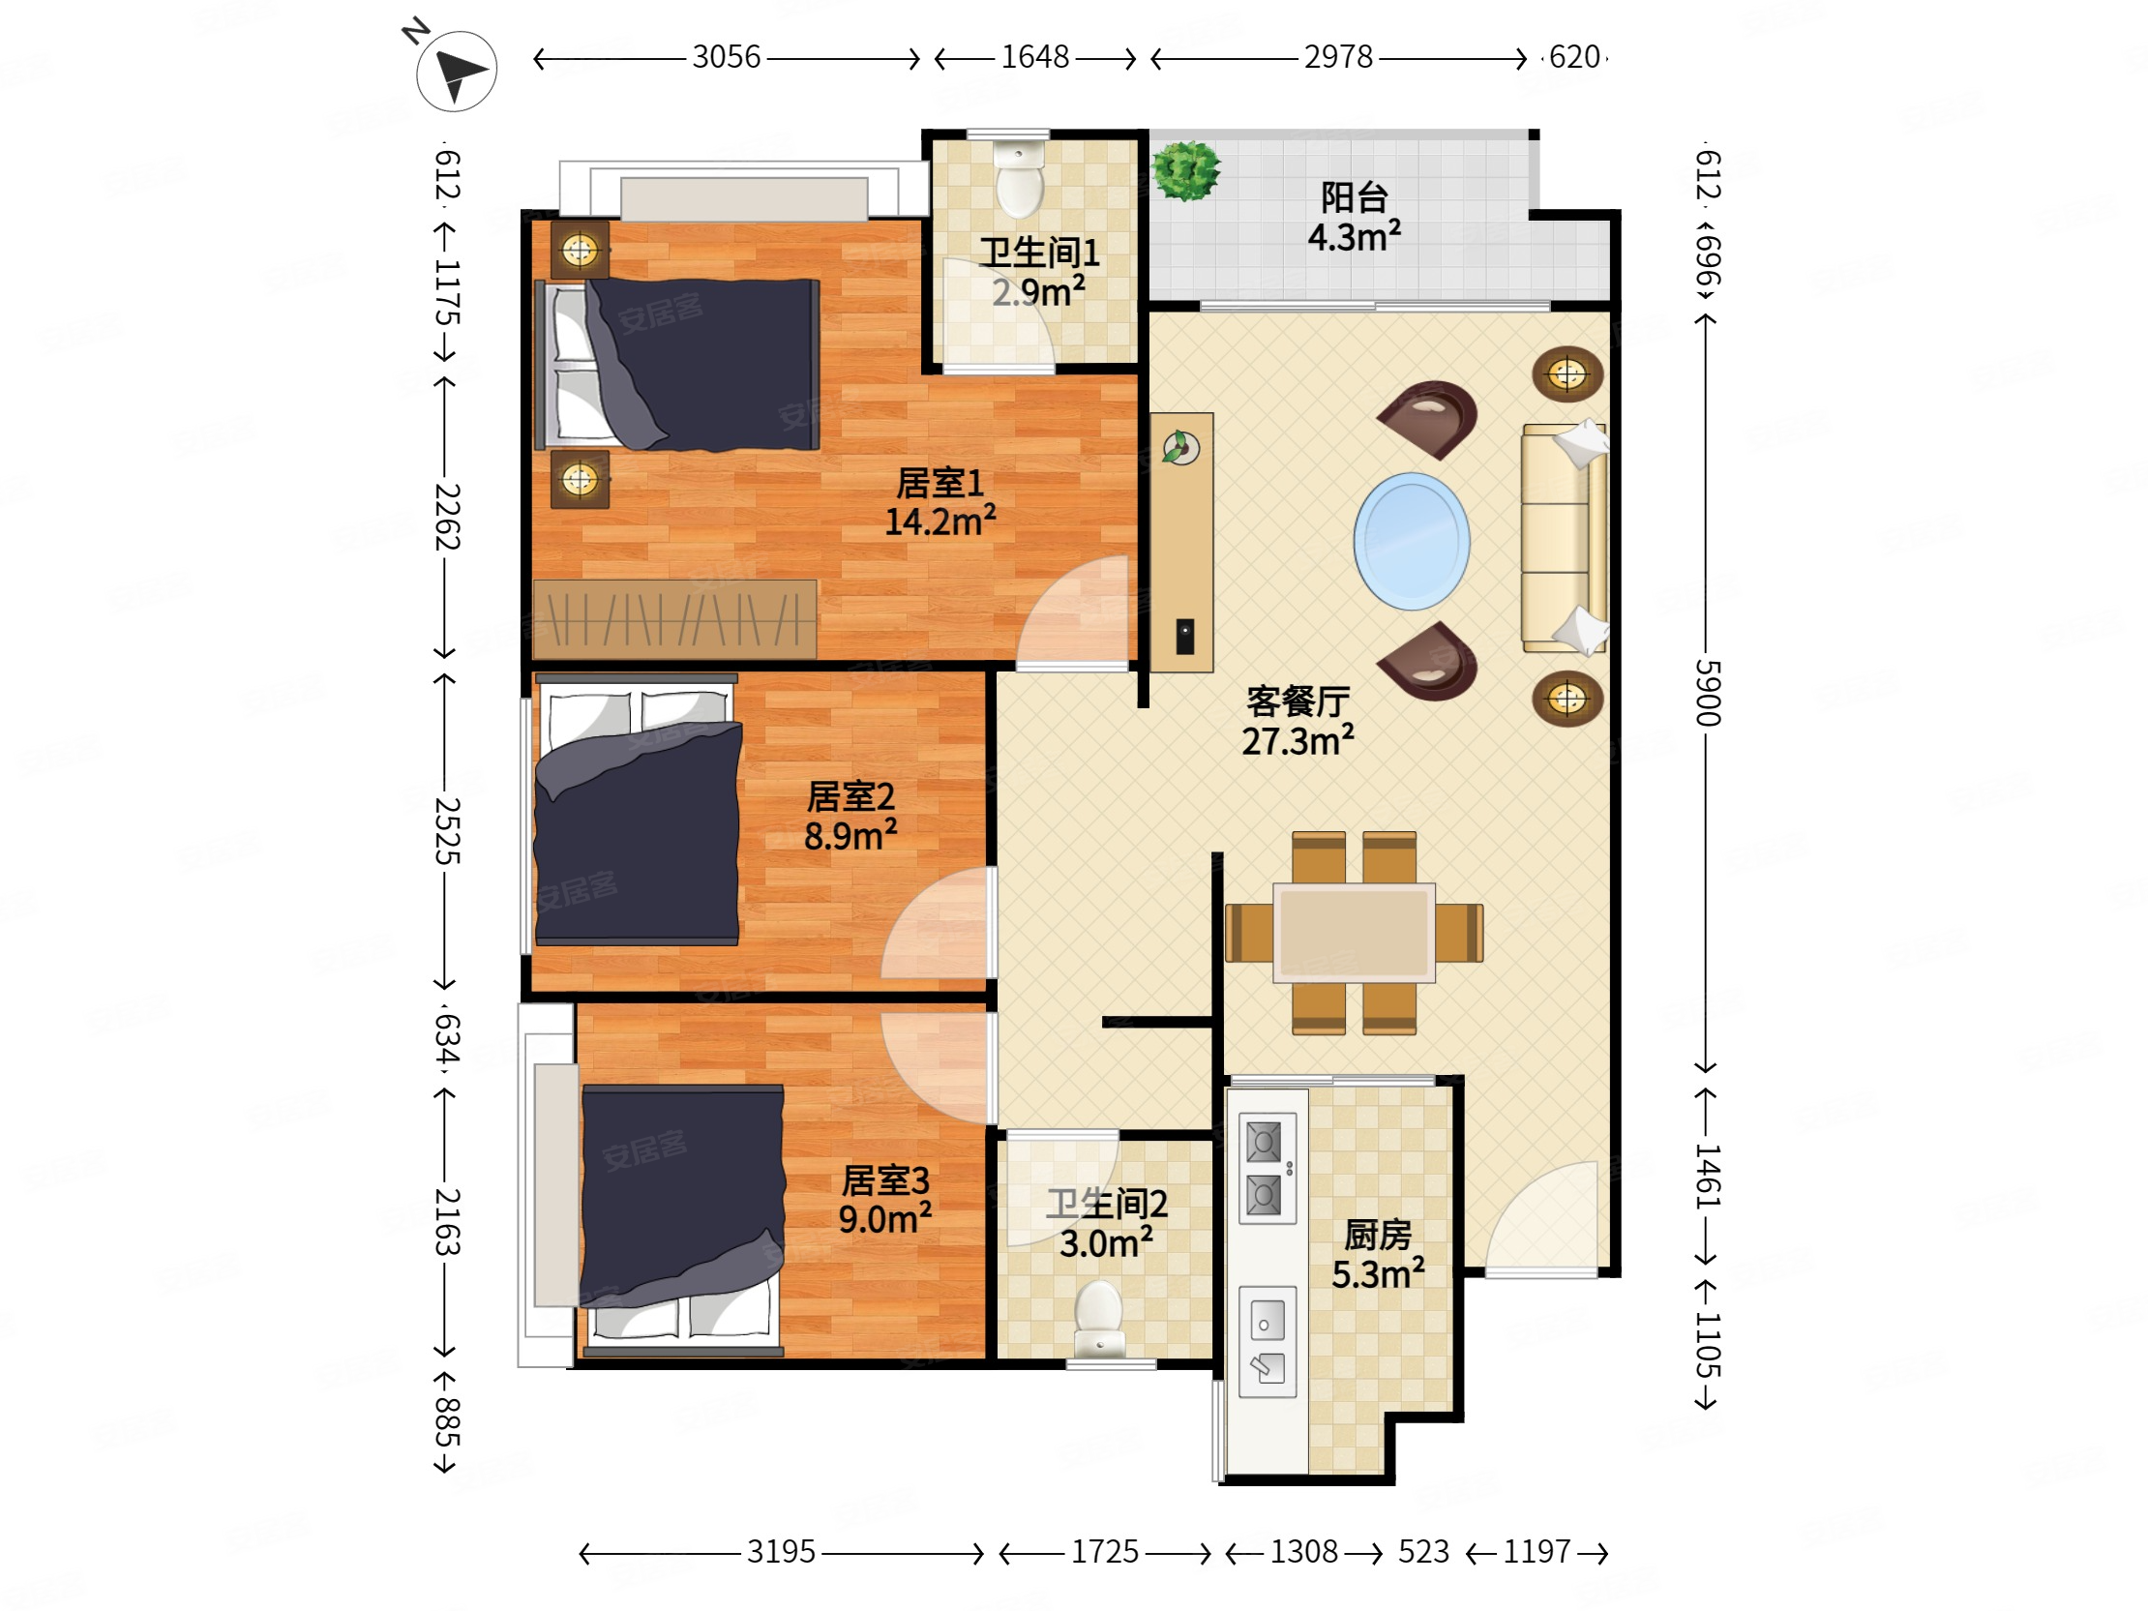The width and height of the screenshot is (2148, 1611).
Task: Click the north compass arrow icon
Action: coord(457,71)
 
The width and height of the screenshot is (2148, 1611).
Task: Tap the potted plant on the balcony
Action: coord(1184,171)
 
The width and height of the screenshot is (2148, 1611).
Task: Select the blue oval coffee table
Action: coord(1411,541)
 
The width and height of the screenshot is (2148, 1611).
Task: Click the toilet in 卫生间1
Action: coord(1020,181)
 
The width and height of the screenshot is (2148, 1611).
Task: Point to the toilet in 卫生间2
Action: coord(1099,1319)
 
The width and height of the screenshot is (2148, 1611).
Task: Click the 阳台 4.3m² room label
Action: coord(1354,218)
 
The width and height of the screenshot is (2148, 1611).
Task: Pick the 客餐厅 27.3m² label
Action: coord(1298,721)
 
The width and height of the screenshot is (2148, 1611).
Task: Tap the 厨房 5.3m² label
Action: coord(1378,1254)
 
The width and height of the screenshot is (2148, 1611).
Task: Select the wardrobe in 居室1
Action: coord(675,618)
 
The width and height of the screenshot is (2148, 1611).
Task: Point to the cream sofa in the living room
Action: coord(1564,537)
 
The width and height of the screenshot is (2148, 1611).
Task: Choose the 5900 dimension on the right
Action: coord(1707,693)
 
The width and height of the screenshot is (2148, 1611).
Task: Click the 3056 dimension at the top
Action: coord(727,57)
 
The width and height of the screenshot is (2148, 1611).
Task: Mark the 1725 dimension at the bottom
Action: coord(1104,1552)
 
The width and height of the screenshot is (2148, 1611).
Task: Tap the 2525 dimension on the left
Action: coord(446,830)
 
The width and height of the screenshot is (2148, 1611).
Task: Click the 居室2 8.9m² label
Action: coord(850,816)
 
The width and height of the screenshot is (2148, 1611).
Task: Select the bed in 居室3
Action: coord(683,1220)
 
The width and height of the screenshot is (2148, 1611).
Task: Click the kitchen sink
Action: coord(1267,1342)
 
